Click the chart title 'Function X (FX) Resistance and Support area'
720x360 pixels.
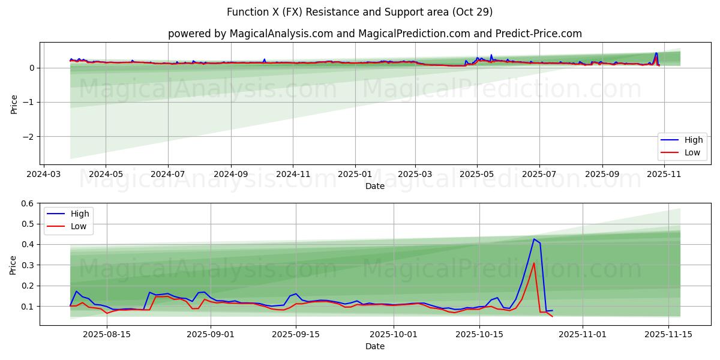coord(359,12)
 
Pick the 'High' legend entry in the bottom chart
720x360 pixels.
coord(79,214)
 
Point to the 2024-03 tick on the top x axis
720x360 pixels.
coord(43,174)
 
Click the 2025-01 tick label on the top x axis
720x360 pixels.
coord(355,174)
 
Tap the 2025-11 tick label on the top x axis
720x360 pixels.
coord(664,174)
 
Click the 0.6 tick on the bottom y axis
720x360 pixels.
coord(28,203)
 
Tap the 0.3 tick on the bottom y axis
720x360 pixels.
coord(28,265)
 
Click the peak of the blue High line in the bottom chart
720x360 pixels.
coord(534,239)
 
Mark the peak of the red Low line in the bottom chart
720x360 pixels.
coord(534,263)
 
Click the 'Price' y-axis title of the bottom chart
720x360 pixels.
coord(13,265)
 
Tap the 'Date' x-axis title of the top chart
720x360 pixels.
coord(374,186)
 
